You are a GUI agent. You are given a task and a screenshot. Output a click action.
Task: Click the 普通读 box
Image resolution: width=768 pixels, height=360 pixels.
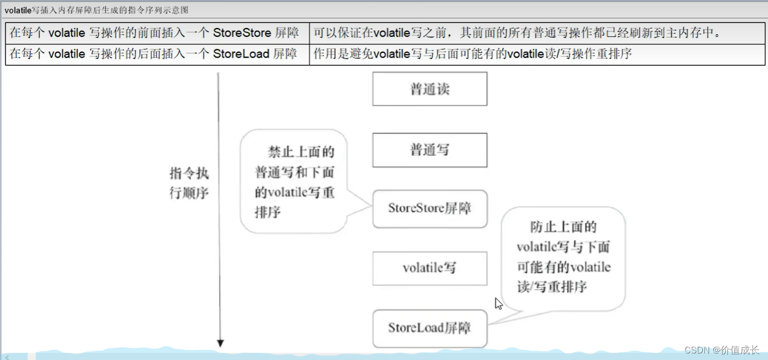click(x=430, y=89)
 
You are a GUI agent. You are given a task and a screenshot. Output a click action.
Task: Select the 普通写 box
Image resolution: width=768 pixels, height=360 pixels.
click(x=430, y=150)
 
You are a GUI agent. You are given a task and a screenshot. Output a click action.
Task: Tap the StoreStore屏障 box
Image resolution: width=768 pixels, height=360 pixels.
click(x=430, y=209)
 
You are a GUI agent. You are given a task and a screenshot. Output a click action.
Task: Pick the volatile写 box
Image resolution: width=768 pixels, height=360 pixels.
click(x=430, y=268)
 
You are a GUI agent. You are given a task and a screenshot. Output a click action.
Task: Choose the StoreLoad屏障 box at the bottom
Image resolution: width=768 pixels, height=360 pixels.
click(x=430, y=328)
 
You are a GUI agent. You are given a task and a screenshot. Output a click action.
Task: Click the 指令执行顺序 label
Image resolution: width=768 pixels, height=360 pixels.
click(x=189, y=184)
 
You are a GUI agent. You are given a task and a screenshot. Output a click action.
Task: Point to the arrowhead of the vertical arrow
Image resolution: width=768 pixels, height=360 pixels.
click(x=221, y=344)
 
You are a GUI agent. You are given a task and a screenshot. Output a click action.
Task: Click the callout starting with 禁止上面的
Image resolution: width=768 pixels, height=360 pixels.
click(x=294, y=181)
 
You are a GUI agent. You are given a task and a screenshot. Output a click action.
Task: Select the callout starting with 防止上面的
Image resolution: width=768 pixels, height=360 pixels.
click(x=563, y=257)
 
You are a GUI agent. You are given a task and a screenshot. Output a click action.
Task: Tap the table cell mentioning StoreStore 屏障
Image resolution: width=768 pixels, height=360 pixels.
click(x=157, y=33)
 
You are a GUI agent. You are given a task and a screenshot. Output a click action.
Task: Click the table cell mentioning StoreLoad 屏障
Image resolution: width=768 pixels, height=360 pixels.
click(x=157, y=54)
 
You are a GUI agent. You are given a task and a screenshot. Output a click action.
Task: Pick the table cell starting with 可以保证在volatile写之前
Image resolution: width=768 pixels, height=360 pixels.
click(x=516, y=33)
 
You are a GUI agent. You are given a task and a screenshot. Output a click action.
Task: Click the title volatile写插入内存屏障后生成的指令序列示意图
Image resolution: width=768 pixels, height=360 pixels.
click(x=97, y=10)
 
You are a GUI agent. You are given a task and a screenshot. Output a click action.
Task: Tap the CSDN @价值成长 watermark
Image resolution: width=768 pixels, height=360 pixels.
click(x=722, y=350)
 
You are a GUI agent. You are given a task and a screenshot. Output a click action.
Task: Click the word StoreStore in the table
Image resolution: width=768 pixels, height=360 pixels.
click(x=242, y=33)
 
